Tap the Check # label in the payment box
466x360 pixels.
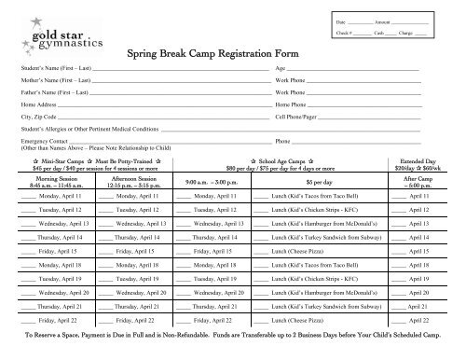(x=360, y=33)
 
